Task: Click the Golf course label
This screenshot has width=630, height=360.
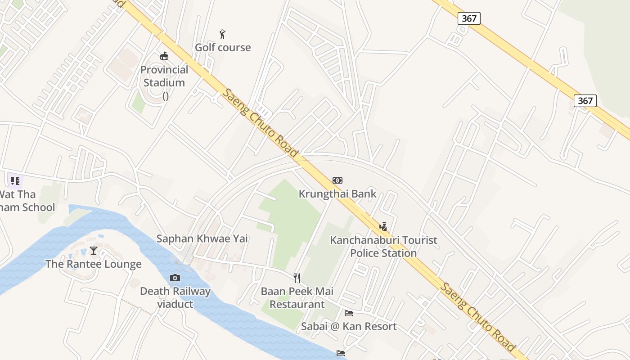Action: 223,47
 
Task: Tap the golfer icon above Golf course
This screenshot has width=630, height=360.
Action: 222,34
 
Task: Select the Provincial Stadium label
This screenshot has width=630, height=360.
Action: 164,76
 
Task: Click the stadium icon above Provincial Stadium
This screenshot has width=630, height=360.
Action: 164,56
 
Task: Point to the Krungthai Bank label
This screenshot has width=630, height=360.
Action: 337,194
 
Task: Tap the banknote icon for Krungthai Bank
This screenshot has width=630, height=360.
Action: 337,180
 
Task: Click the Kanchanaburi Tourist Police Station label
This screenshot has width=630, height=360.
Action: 383,246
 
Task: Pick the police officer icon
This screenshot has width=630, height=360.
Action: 383,226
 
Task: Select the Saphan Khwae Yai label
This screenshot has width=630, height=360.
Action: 202,238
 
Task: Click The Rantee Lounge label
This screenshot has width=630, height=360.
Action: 94,264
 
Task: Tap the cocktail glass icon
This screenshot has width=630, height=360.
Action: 94,251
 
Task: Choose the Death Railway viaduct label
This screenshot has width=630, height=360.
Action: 175,297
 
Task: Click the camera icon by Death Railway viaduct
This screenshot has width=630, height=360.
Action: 175,278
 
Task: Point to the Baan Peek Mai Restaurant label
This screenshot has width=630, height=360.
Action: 297,297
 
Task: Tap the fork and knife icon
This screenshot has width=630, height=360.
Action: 297,278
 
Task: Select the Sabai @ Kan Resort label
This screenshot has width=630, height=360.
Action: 349,326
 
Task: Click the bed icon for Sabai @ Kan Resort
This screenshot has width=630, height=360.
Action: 349,313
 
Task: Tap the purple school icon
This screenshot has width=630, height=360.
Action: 15,181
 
